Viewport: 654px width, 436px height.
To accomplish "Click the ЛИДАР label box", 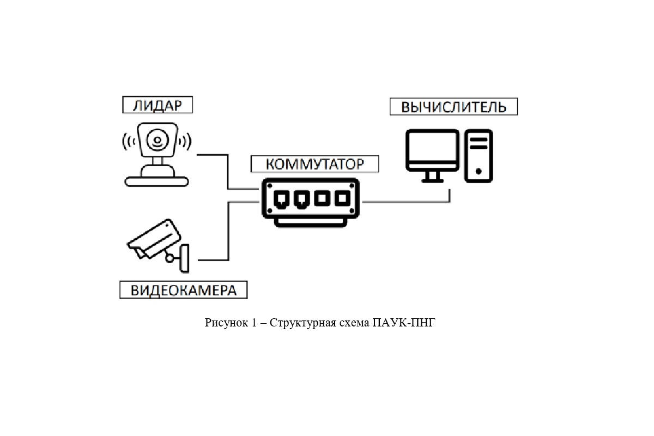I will click(157, 105).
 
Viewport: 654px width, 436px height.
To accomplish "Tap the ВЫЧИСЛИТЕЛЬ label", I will click(453, 107).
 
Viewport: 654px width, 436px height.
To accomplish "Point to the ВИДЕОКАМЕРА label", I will click(184, 289).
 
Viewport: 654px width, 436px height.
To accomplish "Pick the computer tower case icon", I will click(479, 156).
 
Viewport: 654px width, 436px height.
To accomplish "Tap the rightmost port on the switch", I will click(342, 198).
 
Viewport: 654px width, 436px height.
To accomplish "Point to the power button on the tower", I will click(479, 171).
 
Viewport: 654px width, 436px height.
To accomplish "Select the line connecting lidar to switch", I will click(228, 173).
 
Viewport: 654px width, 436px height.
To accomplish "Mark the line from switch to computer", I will click(409, 202).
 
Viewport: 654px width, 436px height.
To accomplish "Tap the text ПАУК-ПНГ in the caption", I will click(405, 323).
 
